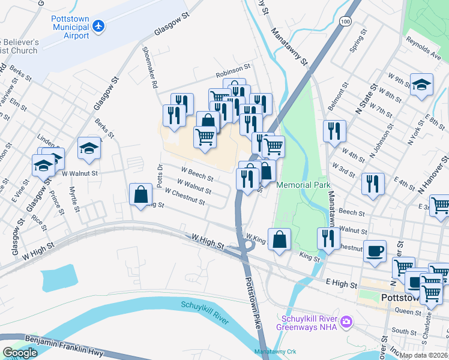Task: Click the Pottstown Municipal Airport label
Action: (x=70, y=26)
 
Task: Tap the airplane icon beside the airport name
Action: (x=99, y=26)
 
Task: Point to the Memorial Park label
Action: (x=304, y=185)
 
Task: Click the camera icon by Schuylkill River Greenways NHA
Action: (x=346, y=323)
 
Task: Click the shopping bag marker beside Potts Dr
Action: (x=140, y=194)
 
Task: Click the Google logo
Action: (x=20, y=353)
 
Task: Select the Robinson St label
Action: (x=233, y=75)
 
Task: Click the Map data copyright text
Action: (x=424, y=355)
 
